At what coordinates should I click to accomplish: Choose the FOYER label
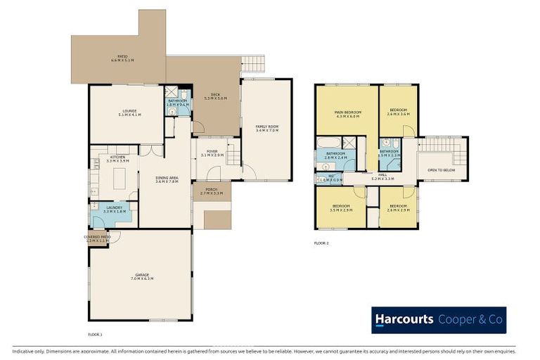[x=212, y=152]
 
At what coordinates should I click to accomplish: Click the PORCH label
[x=212, y=190]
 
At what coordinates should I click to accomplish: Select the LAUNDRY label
[x=114, y=208]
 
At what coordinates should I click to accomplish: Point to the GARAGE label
[x=142, y=276]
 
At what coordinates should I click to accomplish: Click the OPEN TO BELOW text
[x=441, y=170]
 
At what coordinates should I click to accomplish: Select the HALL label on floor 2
[x=382, y=176]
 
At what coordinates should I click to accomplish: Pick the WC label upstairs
[x=330, y=177]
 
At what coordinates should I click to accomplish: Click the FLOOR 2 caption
[x=321, y=243]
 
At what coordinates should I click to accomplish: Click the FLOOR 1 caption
[x=96, y=334]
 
